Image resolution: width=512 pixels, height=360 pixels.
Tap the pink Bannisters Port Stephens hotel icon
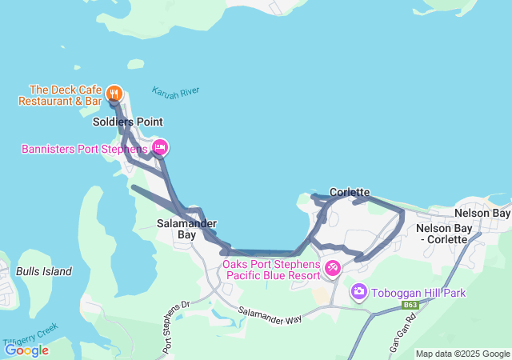159,147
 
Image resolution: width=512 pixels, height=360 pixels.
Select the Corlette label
350,192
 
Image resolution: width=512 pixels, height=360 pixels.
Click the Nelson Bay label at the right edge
482,214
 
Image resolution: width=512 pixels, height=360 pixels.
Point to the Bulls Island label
44,271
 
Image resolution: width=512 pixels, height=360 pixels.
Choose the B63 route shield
410,305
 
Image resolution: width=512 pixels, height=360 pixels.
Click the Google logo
26,350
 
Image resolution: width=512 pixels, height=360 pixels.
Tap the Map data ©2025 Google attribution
462,354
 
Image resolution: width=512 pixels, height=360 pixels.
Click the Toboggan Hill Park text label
419,293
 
